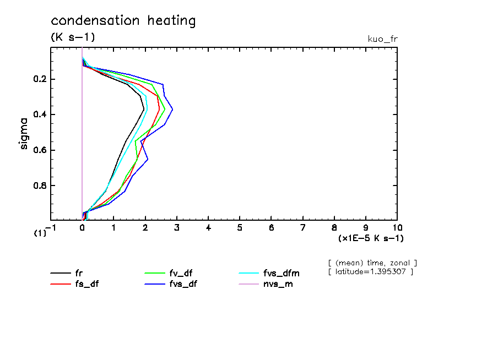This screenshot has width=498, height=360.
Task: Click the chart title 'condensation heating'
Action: [x=123, y=21]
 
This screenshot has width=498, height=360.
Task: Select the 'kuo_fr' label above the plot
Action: [x=382, y=39]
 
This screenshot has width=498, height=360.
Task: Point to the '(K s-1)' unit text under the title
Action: [x=73, y=37]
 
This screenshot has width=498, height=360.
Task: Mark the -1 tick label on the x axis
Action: [x=50, y=227]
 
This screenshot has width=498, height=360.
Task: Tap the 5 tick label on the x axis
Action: [x=240, y=227]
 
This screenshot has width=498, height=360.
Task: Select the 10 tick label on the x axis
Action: [x=397, y=227]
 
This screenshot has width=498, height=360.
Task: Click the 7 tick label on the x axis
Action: [x=303, y=227]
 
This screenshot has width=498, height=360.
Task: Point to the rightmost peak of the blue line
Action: [x=172, y=110]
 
